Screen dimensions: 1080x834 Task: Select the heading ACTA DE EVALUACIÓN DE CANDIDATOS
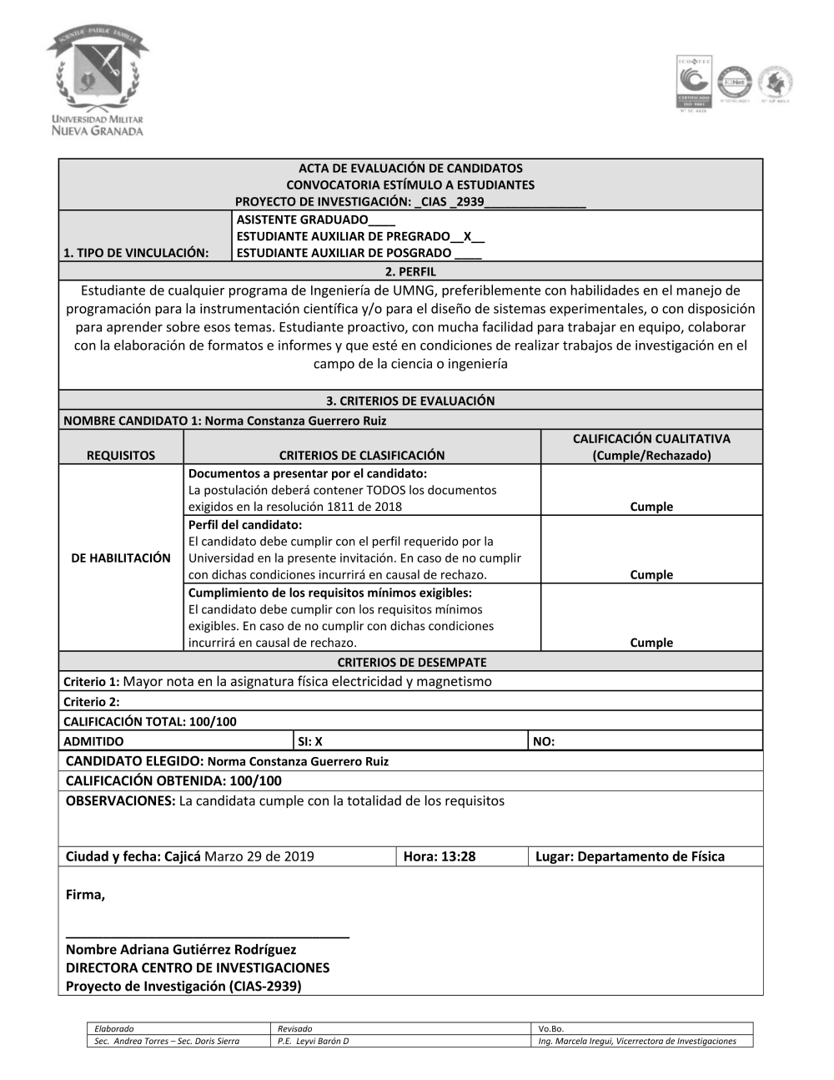pyautogui.click(x=410, y=168)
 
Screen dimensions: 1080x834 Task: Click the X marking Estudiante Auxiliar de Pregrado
pyautogui.click(x=467, y=236)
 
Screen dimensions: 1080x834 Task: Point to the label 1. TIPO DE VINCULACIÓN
pyautogui.click(x=136, y=253)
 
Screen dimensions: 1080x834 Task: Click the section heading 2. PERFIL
pyautogui.click(x=410, y=271)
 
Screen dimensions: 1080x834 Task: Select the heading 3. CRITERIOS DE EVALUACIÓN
pyautogui.click(x=410, y=401)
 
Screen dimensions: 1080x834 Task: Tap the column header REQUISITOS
pyautogui.click(x=121, y=455)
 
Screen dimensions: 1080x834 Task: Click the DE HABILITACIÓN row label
pyautogui.click(x=121, y=558)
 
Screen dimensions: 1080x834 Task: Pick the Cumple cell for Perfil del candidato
pyautogui.click(x=651, y=574)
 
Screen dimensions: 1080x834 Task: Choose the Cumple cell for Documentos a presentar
pyautogui.click(x=651, y=507)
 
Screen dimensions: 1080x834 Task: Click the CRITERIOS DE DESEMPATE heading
pyautogui.click(x=411, y=662)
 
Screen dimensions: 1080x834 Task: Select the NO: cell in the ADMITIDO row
pyautogui.click(x=544, y=741)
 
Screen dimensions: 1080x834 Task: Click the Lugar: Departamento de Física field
pyautogui.click(x=630, y=856)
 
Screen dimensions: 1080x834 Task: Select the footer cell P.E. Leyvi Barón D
pyautogui.click(x=314, y=1041)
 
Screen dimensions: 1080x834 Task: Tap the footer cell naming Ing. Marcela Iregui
pyautogui.click(x=637, y=1041)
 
